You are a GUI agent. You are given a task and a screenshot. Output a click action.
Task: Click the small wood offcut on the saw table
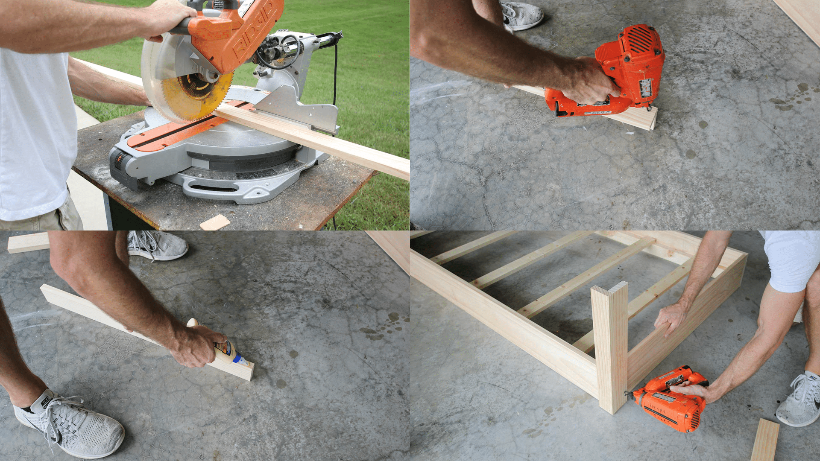pyautogui.click(x=215, y=222)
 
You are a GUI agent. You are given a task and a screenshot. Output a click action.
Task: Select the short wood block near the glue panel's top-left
pyautogui.click(x=28, y=242)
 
